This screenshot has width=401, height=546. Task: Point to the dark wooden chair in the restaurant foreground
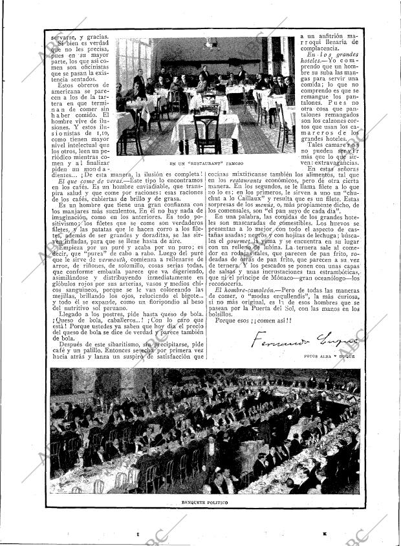[206, 132]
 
